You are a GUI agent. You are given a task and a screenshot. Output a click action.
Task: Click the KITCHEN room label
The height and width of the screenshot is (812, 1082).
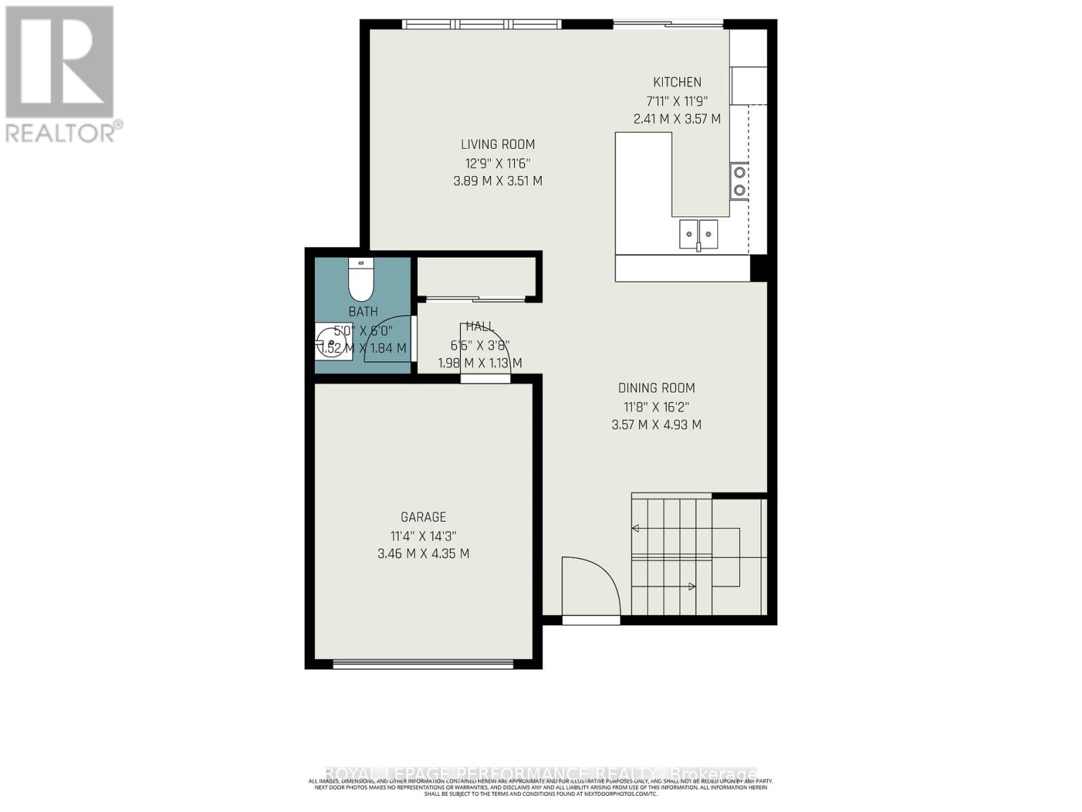(x=677, y=83)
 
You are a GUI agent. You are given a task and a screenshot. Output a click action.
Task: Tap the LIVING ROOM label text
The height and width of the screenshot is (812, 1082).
(x=498, y=144)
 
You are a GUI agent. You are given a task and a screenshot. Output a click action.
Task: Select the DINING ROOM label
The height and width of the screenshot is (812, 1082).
(x=656, y=388)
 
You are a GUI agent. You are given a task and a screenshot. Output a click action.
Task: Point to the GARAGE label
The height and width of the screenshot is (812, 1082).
(x=423, y=517)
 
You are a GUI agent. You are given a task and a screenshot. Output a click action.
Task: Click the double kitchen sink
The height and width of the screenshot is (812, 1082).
(x=699, y=234)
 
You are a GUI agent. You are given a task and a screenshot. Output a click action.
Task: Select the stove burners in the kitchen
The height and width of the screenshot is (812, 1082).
(x=739, y=181)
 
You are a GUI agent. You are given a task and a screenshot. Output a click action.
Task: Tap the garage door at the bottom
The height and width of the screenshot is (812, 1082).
(x=423, y=664)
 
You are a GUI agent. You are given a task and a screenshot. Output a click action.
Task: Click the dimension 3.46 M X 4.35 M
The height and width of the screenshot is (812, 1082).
(x=423, y=554)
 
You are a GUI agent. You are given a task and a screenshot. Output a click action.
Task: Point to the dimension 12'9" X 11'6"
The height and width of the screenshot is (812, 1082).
(x=498, y=163)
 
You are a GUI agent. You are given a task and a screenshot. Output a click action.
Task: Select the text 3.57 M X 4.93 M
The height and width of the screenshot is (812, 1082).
(x=656, y=425)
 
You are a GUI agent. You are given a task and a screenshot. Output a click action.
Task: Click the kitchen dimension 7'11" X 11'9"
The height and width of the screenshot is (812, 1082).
(x=677, y=101)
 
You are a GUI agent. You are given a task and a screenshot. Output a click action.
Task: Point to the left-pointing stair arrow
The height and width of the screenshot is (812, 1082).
(x=636, y=528)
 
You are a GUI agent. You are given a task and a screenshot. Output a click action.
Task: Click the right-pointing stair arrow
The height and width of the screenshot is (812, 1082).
(x=691, y=587)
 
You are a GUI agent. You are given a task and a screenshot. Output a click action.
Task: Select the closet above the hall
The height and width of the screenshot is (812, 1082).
(x=476, y=277)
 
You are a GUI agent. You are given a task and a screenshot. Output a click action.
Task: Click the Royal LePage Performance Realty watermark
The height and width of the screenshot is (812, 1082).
(x=541, y=773)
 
